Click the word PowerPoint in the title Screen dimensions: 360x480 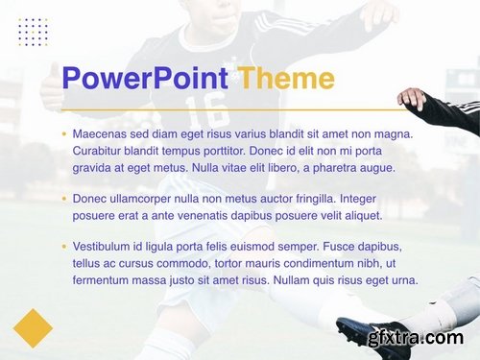tap(144, 79)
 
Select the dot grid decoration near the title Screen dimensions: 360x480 tap(33, 32)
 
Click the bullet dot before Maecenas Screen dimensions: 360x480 tap(64, 134)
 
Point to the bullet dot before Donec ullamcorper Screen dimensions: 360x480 tap(64, 199)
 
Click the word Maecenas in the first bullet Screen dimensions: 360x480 tap(101, 134)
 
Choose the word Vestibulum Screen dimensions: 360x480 tap(104, 247)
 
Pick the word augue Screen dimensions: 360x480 tap(376, 167)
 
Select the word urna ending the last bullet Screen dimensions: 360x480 tap(403, 280)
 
